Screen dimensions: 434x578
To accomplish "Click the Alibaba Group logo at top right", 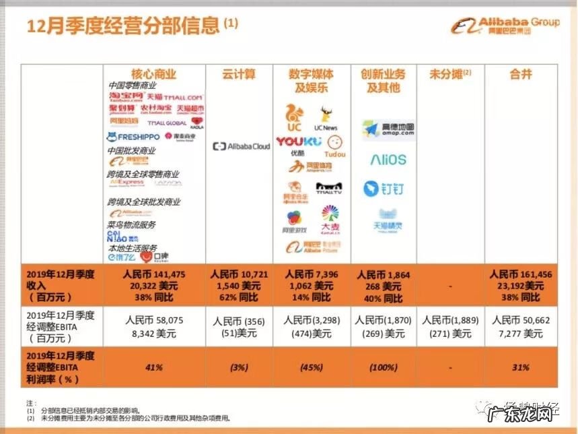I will (505, 26).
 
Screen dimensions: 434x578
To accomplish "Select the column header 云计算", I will (239, 74).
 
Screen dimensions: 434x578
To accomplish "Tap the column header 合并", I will (520, 74).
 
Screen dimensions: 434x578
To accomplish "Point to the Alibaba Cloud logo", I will (240, 146).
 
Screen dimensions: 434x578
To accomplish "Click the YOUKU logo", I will (299, 142).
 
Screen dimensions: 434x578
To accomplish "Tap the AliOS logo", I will (388, 160).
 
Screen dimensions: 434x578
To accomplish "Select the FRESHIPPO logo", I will (133, 137).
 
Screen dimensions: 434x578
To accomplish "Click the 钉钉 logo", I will (383, 189).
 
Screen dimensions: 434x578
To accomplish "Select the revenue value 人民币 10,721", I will (239, 274).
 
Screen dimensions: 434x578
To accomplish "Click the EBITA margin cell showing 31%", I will (520, 367).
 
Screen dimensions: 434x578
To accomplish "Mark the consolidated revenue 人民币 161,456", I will (520, 274).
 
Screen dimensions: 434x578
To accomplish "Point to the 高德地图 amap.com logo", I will (388, 129).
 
